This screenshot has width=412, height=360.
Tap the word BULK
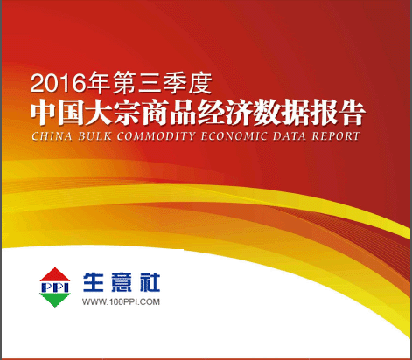(94, 136)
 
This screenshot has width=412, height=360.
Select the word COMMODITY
(156, 136)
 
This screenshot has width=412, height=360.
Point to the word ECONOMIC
(234, 136)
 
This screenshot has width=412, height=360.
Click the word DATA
(290, 136)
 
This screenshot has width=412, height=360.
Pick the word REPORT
(336, 136)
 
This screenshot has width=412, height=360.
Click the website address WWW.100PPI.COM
(121, 301)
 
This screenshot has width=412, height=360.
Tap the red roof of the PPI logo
(55, 274)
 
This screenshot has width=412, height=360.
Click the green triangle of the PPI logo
(55, 300)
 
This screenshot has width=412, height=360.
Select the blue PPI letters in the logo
(55, 287)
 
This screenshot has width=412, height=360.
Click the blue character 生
(94, 282)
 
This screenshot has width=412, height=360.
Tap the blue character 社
(150, 282)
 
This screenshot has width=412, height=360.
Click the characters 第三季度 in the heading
(163, 84)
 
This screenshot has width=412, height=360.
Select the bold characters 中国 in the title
(57, 113)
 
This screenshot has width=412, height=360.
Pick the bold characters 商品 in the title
(169, 113)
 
